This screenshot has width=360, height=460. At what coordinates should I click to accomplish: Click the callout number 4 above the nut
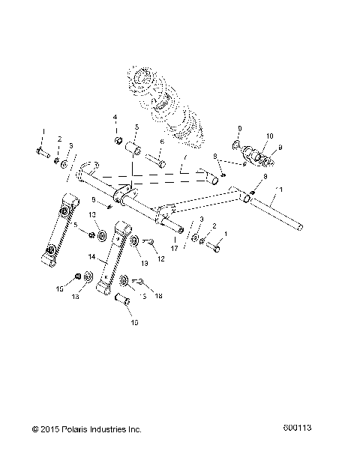point(115,118)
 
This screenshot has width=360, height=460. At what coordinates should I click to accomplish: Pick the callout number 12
point(160,258)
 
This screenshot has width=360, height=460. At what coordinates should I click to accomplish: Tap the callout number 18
point(158,297)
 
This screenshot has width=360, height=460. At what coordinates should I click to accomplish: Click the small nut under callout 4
point(118,140)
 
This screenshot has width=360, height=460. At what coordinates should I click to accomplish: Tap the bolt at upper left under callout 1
point(42,154)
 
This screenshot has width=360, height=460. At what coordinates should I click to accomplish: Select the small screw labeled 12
point(148,241)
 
